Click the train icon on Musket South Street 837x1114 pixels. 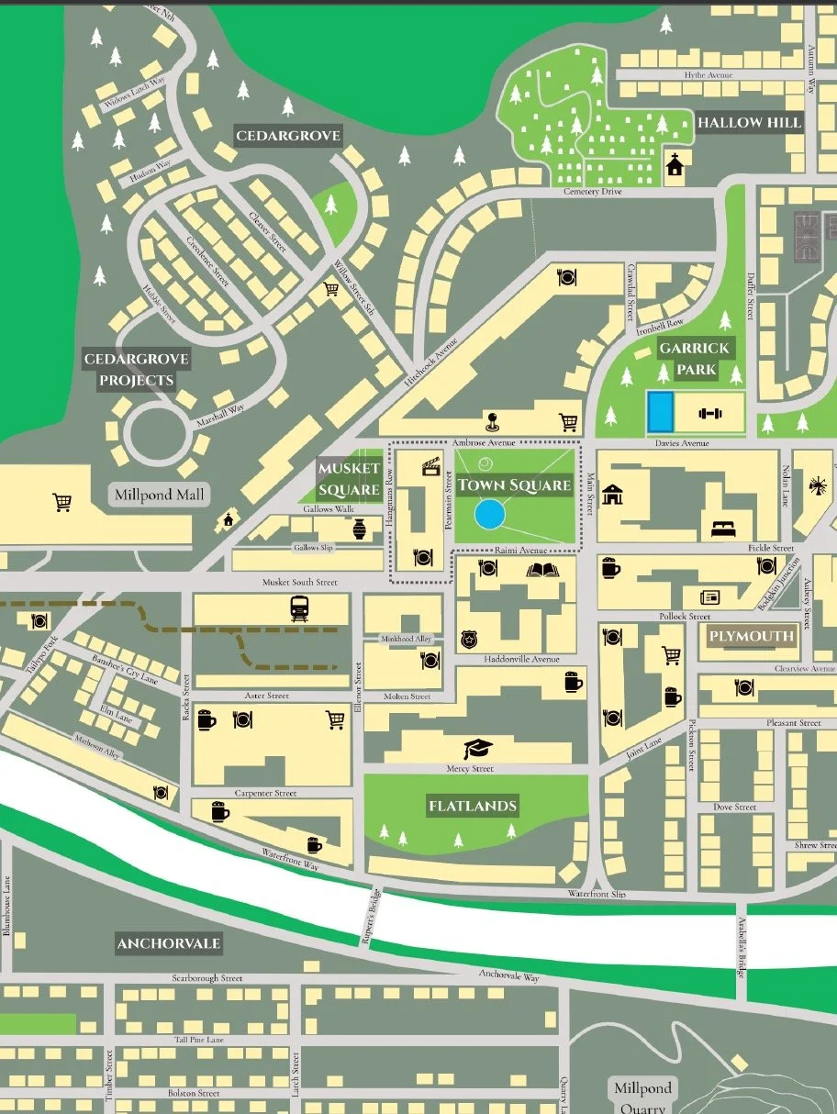tap(299, 607)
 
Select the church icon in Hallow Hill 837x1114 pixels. tap(675, 165)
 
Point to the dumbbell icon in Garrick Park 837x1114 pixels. tap(710, 413)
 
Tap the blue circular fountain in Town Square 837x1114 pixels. tap(489, 514)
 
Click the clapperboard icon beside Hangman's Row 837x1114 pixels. tap(429, 467)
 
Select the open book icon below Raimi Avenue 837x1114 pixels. tap(541, 570)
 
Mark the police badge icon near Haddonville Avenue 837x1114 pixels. tap(468, 638)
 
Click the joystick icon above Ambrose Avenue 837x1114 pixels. tap(492, 421)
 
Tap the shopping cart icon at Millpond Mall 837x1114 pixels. tap(62, 502)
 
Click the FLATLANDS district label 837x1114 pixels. tap(473, 807)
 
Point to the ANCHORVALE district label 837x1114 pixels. tap(169, 943)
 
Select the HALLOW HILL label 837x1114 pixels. tap(749, 122)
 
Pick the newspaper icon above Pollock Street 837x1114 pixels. tap(709, 596)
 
